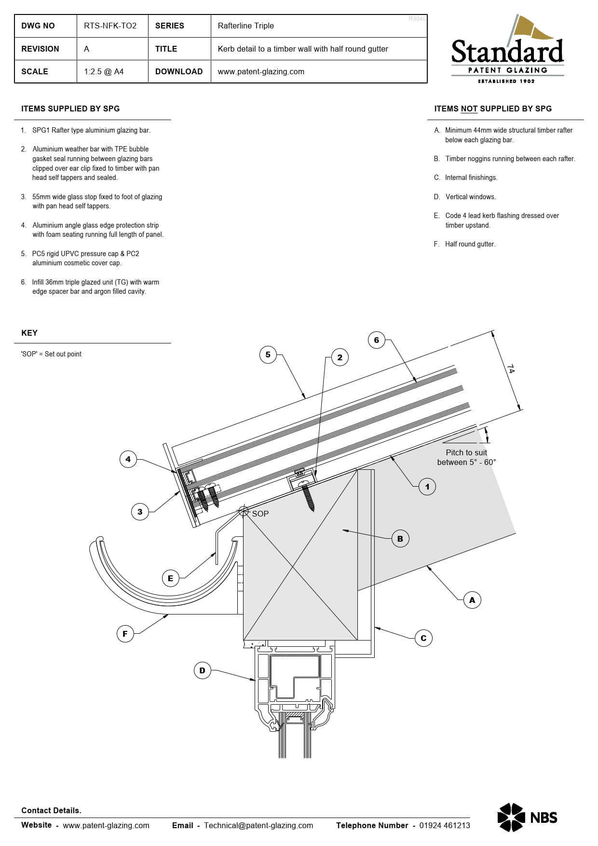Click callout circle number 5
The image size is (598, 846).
tap(268, 355)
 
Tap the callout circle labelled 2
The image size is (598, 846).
tap(340, 357)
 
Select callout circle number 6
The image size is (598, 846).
tap(376, 340)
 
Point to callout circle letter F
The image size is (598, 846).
tap(125, 634)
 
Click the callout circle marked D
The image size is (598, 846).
tap(202, 670)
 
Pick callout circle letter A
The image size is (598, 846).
tap(472, 600)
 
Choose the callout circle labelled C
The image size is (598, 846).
tap(423, 638)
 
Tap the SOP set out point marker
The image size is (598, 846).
tap(244, 511)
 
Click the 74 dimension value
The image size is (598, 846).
tap(511, 368)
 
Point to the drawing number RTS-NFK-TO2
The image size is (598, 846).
tap(110, 26)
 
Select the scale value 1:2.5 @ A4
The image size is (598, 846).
tap(104, 71)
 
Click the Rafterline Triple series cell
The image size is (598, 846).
tap(245, 26)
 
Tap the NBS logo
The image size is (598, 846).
tap(527, 818)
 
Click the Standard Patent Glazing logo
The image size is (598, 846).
tap(507, 51)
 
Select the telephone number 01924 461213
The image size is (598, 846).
tap(444, 825)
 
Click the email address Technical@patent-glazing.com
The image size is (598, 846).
tap(258, 825)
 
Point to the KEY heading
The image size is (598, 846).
tap(29, 333)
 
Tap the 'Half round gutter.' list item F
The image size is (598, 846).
tap(470, 244)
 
